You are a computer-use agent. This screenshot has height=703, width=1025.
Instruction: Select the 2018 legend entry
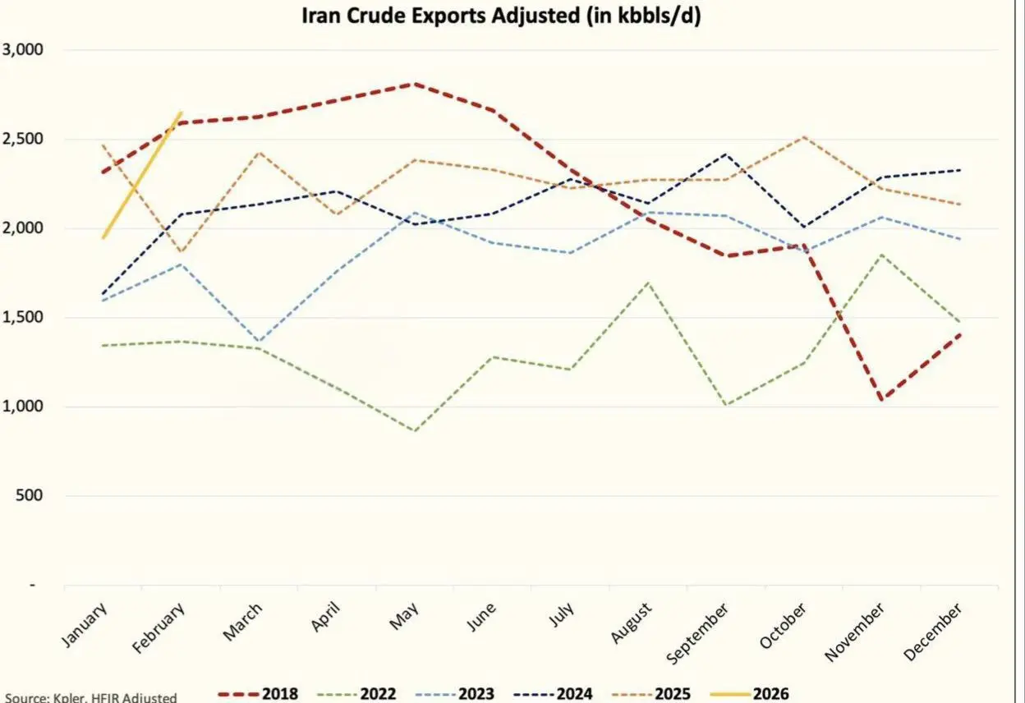(x=258, y=694)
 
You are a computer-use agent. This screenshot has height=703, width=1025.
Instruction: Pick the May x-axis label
(x=405, y=616)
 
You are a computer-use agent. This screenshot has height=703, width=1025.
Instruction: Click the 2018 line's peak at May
(x=414, y=84)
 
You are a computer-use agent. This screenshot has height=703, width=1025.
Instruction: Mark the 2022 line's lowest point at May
(x=414, y=430)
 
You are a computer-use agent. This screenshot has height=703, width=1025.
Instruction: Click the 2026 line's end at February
(x=181, y=113)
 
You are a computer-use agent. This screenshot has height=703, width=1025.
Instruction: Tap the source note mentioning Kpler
(x=89, y=697)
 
